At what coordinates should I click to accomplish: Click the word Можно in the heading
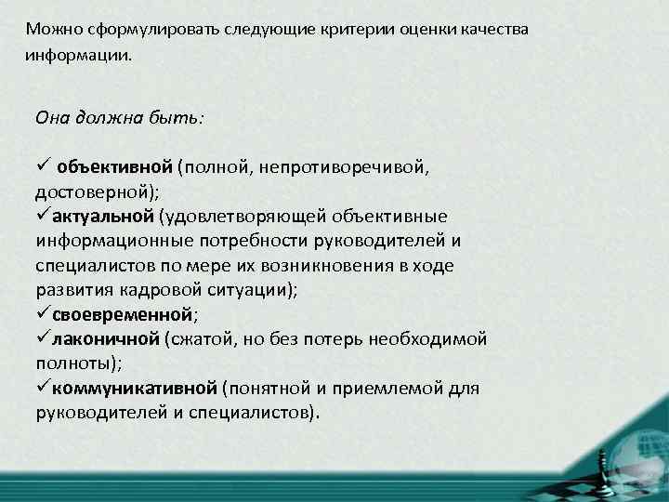click(53, 30)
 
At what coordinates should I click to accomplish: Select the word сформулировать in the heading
click(139, 30)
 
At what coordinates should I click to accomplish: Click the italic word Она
click(54, 118)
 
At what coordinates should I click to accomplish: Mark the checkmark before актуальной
click(42, 217)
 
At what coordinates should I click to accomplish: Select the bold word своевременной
click(122, 314)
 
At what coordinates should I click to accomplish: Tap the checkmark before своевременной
click(42, 313)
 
